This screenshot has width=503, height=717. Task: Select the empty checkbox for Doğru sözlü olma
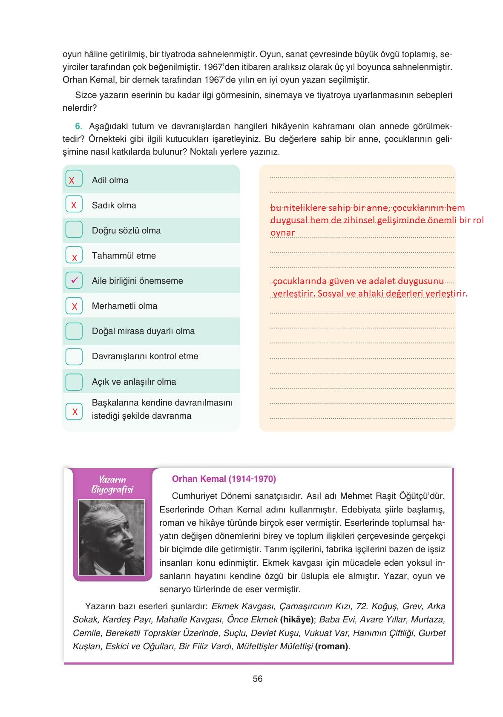click(x=74, y=229)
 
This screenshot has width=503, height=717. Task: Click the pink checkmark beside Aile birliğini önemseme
click(x=74, y=280)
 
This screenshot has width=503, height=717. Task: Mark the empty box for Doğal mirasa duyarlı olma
click(x=74, y=331)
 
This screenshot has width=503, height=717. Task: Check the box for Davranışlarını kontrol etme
click(x=74, y=356)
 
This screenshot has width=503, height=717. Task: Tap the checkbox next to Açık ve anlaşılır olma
click(x=74, y=381)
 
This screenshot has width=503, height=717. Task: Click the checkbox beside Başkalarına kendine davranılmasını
click(x=74, y=411)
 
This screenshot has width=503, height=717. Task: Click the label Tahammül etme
click(x=124, y=256)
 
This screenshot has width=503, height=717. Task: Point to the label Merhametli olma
click(x=124, y=306)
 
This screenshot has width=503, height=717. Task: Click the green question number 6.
click(x=78, y=126)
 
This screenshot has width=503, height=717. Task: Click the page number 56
click(x=257, y=679)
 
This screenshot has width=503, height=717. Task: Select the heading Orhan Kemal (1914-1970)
click(x=224, y=479)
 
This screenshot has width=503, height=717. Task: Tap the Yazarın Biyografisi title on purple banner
click(x=112, y=485)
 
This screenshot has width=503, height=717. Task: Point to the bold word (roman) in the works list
click(x=331, y=646)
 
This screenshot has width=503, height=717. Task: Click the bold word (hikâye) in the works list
click(x=296, y=619)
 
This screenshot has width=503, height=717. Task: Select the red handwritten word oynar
click(x=282, y=233)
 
